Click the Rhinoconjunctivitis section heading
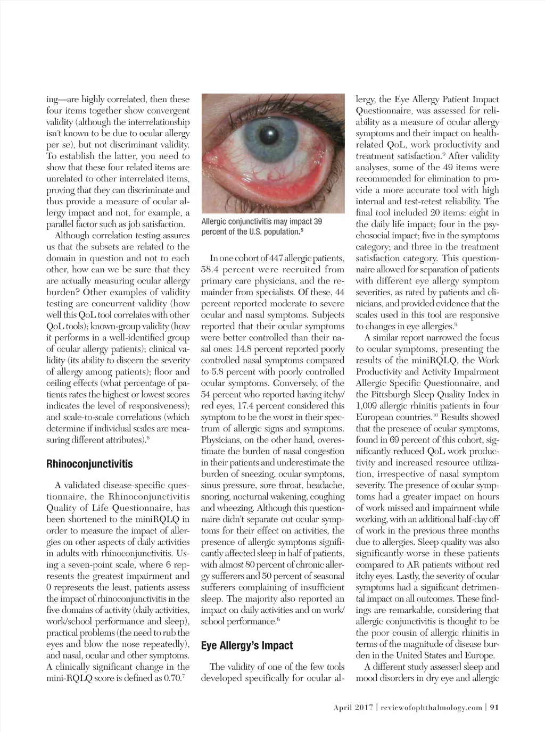click(x=89, y=463)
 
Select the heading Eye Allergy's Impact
click(x=247, y=645)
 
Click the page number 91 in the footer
click(x=494, y=707)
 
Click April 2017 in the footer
click(x=352, y=707)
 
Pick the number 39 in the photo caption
click(x=317, y=221)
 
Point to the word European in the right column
click(x=375, y=417)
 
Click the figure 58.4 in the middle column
click(x=214, y=270)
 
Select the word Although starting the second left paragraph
click(x=76, y=235)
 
